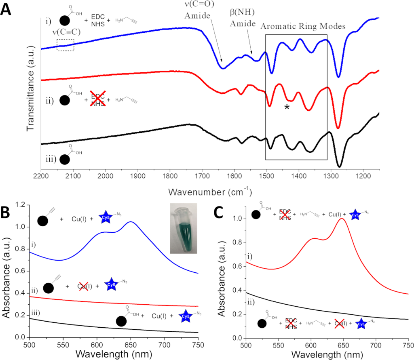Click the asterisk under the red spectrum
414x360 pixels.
(x=287, y=107)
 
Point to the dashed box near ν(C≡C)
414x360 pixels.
(x=65, y=45)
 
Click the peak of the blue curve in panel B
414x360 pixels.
(x=131, y=221)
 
